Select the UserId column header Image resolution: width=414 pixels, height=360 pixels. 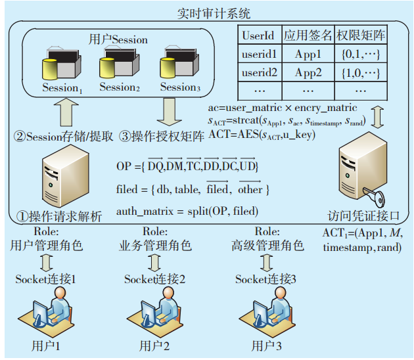pos(258,34)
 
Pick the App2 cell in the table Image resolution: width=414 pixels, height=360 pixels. pos(308,72)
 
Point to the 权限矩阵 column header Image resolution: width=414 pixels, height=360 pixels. pos(360,34)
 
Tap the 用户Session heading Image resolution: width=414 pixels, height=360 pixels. pos(118,39)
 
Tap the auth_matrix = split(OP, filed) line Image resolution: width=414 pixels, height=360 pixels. pos(187,211)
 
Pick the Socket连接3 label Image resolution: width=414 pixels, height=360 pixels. pos(266,279)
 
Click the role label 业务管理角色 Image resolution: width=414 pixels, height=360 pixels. pos(155,246)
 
